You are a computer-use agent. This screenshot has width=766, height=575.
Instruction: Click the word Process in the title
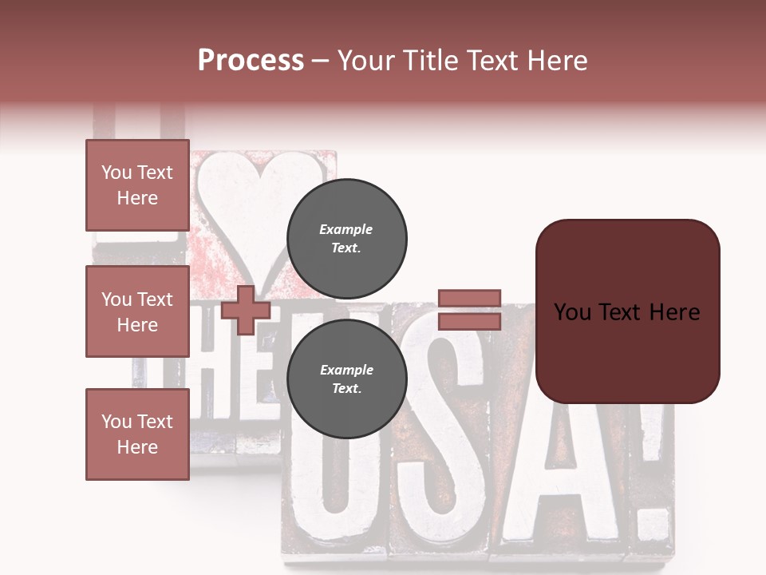251,61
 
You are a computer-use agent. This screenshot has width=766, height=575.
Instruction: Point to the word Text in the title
498,61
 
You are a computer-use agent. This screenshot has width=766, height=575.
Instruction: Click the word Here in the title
559,61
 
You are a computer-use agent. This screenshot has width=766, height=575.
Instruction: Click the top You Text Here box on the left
137,185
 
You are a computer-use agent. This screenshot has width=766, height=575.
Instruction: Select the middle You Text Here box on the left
137,311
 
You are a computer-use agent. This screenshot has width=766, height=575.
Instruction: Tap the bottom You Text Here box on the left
137,434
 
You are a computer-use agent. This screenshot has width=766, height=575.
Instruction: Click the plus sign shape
246,310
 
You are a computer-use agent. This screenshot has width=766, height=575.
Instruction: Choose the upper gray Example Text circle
346,239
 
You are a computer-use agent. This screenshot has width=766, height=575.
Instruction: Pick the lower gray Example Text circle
346,379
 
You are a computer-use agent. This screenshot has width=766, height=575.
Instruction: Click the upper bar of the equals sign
469,298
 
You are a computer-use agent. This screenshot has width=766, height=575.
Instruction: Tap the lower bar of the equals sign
469,321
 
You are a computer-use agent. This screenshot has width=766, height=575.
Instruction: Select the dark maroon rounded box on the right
627,311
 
